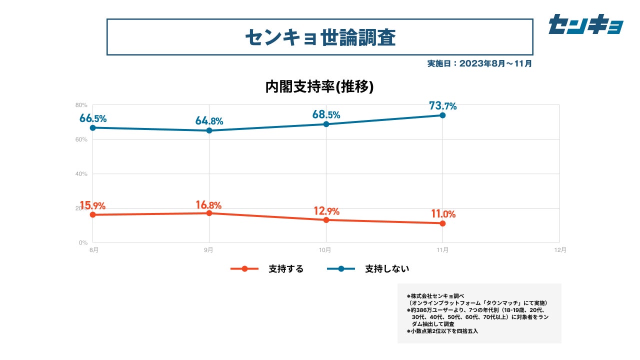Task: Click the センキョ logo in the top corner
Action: point(585,24)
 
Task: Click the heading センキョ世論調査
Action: point(320,37)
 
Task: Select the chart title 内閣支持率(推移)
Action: point(320,86)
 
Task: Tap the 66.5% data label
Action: point(93,118)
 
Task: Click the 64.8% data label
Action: point(209,121)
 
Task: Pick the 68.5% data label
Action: point(326,114)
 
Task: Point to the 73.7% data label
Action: point(442,105)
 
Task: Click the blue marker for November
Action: point(442,115)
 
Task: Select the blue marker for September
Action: point(209,130)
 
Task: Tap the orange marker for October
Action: point(326,220)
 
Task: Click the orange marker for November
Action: point(442,223)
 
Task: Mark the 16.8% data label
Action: point(209,204)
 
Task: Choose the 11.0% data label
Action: point(443,214)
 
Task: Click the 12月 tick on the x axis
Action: point(560,249)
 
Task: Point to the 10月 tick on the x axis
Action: point(326,249)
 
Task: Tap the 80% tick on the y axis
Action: point(81,105)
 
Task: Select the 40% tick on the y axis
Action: point(81,174)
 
